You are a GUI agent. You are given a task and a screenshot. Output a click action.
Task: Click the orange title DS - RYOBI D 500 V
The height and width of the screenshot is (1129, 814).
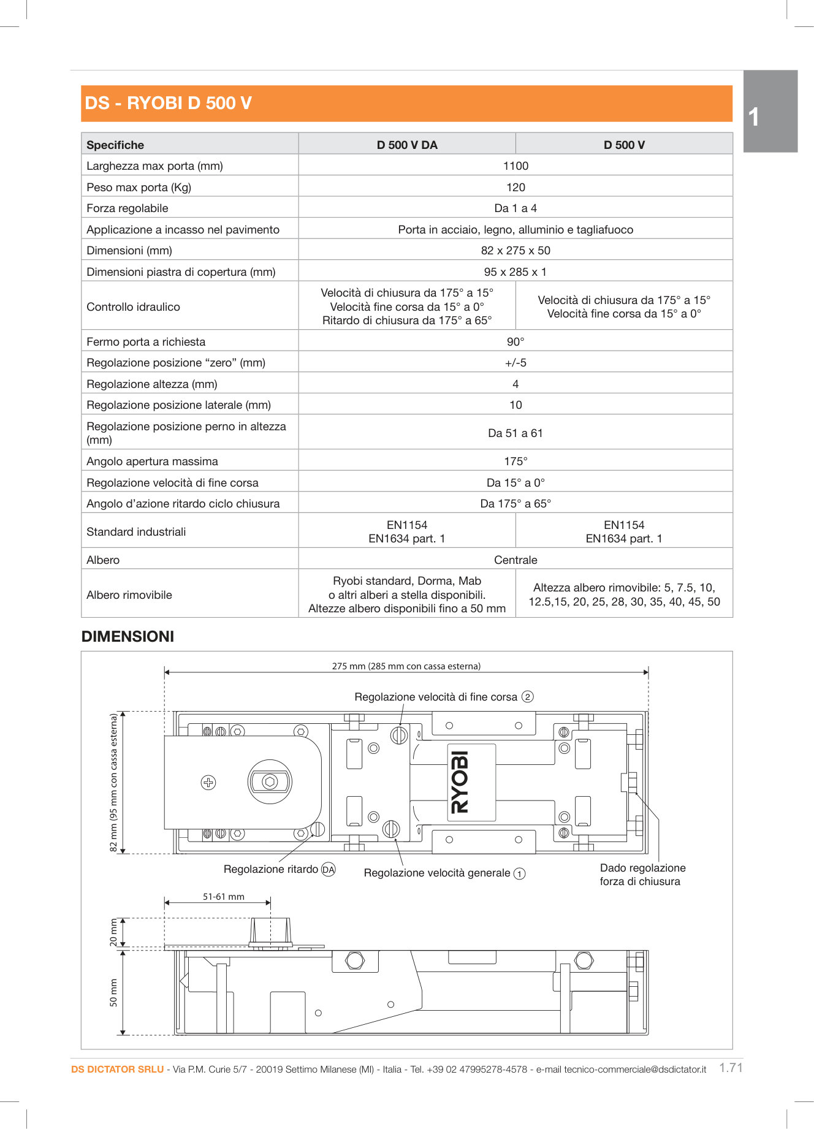168,103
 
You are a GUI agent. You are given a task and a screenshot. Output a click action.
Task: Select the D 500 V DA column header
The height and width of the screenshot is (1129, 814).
407,145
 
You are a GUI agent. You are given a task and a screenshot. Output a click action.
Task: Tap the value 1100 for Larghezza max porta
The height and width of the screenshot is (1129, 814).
515,166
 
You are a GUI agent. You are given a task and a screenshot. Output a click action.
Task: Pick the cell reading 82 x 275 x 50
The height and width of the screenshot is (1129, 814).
515,251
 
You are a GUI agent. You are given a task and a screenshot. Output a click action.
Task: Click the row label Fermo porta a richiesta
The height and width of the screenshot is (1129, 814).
146,342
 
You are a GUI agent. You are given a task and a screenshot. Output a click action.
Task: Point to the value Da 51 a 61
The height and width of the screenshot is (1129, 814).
515,433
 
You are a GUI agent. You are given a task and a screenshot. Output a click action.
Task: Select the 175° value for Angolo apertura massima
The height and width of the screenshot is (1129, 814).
515,462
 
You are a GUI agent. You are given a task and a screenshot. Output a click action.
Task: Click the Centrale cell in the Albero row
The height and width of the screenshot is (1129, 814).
515,560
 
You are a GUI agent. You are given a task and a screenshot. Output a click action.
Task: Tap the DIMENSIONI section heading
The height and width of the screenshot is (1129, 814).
127,637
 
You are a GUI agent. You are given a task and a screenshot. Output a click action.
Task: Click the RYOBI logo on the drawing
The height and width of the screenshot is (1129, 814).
461,783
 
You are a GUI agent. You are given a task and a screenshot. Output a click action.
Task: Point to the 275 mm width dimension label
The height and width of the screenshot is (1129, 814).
406,666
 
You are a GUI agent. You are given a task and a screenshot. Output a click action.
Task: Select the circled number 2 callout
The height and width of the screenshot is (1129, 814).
528,697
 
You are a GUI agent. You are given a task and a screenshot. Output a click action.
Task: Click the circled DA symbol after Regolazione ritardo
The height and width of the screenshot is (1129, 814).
329,870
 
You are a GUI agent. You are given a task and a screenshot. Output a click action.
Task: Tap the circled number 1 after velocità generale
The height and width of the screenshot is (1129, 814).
519,874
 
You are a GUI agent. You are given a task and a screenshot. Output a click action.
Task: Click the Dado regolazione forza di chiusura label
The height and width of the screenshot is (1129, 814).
642,875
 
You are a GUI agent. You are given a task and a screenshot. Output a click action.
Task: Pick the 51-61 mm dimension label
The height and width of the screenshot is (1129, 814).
224,897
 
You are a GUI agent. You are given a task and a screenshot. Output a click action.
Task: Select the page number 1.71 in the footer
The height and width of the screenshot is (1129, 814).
731,1068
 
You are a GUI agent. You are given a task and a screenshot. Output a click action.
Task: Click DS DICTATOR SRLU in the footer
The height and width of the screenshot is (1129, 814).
117,1070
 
